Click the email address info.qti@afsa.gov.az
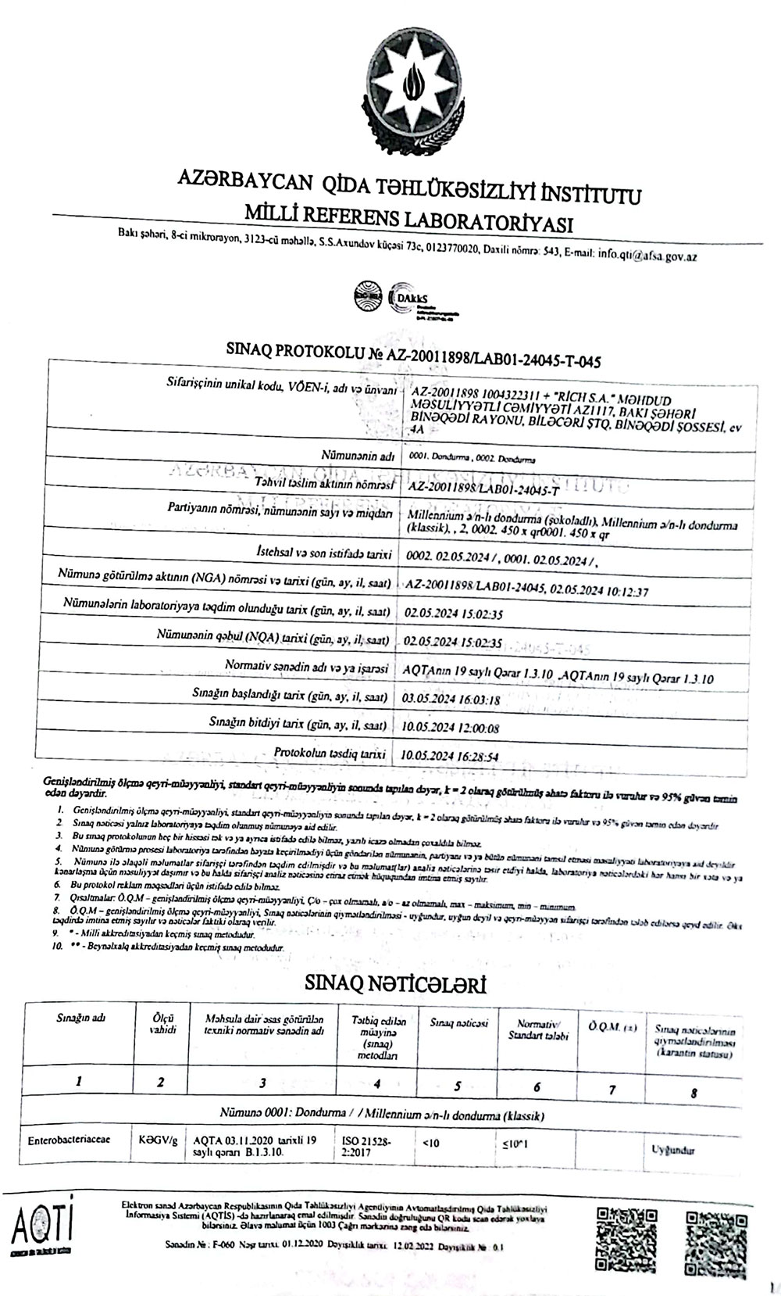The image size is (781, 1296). click(647, 255)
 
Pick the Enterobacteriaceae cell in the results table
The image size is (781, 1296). click(69, 1140)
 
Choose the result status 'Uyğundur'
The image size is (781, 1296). click(672, 1150)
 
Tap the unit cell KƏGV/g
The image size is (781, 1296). click(158, 1140)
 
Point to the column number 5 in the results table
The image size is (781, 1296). click(458, 1085)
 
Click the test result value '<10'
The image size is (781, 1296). click(430, 1142)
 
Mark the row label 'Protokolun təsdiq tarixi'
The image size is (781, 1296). click(330, 753)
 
